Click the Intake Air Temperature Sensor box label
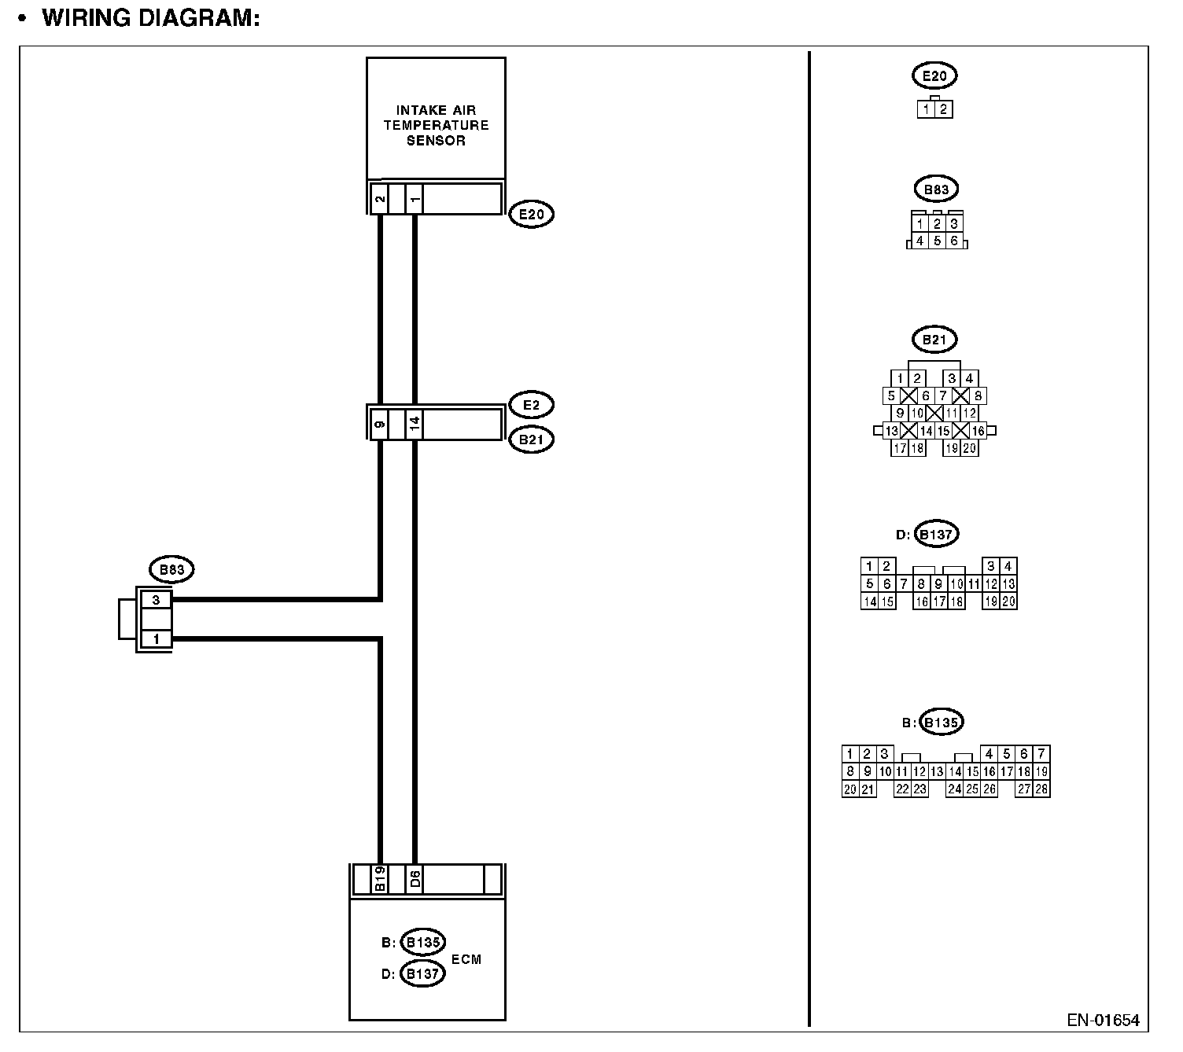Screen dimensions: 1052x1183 tap(436, 126)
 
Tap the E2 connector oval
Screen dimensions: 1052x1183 tap(531, 405)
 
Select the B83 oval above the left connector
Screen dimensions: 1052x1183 tap(171, 569)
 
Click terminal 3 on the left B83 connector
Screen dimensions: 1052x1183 tap(156, 600)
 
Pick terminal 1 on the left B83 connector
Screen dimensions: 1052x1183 tap(156, 638)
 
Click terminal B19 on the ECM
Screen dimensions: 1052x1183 tap(379, 879)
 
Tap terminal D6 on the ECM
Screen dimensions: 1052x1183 tap(415, 879)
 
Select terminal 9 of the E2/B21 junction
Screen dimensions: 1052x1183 tap(379, 425)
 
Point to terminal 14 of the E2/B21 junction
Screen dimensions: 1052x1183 tap(415, 425)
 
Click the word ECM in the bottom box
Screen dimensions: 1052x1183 tap(466, 959)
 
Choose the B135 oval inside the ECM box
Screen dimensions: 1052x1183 tap(422, 942)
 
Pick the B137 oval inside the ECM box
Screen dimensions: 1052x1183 tap(422, 973)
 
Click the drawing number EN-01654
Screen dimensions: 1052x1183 tap(1103, 1021)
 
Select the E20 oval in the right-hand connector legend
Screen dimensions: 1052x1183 tap(934, 76)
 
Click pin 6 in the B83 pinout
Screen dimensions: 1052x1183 tap(954, 241)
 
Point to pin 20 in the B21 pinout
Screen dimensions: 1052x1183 tap(969, 448)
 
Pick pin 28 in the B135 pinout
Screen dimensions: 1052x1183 tap(1041, 789)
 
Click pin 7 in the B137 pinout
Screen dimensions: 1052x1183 tap(904, 584)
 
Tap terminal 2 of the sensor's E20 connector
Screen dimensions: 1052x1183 tap(379, 198)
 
